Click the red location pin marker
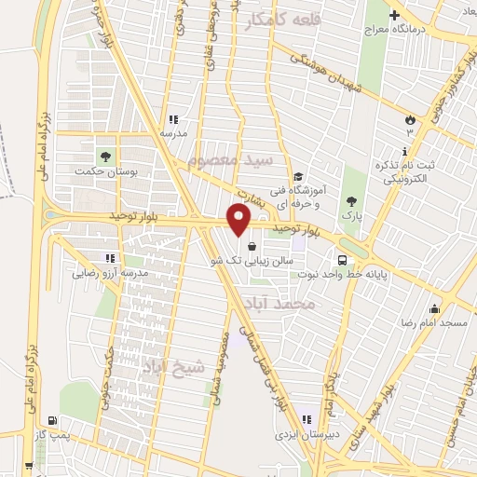(239, 221)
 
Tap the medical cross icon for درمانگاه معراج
(395, 15)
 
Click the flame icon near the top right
(408, 119)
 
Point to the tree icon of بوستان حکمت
(103, 154)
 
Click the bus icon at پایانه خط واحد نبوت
(343, 260)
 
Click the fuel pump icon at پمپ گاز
(48, 420)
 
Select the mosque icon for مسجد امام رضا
(433, 308)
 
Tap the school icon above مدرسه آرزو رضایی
(110, 258)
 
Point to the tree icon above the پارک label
(350, 200)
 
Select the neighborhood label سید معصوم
(230, 159)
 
